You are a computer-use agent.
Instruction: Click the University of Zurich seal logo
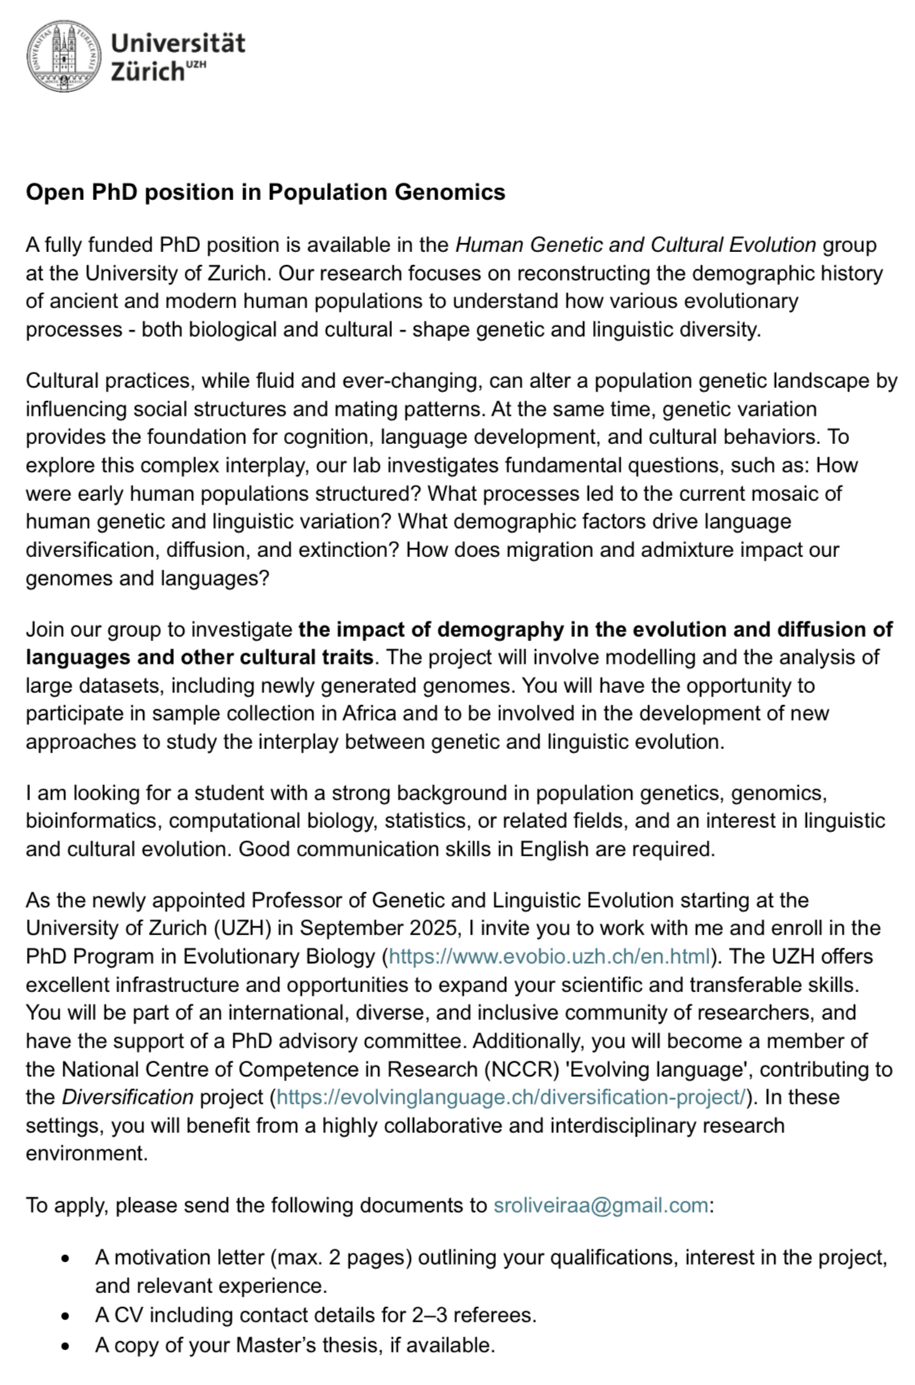(x=64, y=56)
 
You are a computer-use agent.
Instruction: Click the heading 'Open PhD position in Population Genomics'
(x=265, y=192)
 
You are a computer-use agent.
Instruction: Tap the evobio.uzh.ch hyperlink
(x=550, y=956)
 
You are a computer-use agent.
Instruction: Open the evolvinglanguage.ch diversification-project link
(x=511, y=1097)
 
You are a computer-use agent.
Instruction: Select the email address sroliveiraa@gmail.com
(x=600, y=1205)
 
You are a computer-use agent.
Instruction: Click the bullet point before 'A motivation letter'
(x=65, y=1258)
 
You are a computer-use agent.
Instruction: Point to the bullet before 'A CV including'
(x=65, y=1315)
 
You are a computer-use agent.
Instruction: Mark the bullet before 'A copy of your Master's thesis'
(x=65, y=1345)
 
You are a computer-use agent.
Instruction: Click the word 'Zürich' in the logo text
(x=147, y=72)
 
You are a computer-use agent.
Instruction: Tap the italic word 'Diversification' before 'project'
(x=128, y=1097)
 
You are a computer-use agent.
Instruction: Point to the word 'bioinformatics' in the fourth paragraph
(x=92, y=821)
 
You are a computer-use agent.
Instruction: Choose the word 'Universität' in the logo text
(x=177, y=42)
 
